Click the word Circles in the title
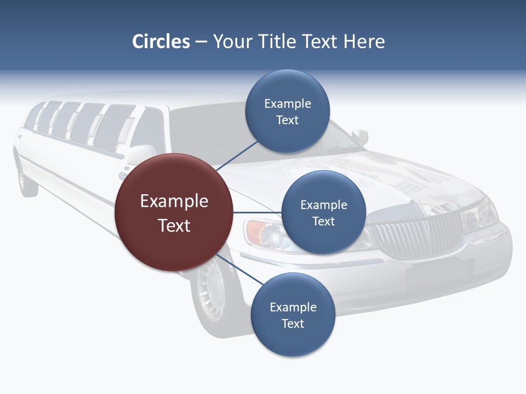click(x=161, y=42)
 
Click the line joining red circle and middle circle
click(x=257, y=212)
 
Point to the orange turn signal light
click(x=253, y=231)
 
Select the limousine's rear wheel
click(x=26, y=178)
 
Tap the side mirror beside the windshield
click(x=360, y=136)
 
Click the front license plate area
click(x=438, y=274)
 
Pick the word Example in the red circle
click(x=174, y=201)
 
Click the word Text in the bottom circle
click(x=293, y=323)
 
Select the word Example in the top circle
click(x=288, y=103)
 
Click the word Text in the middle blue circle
click(x=323, y=221)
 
